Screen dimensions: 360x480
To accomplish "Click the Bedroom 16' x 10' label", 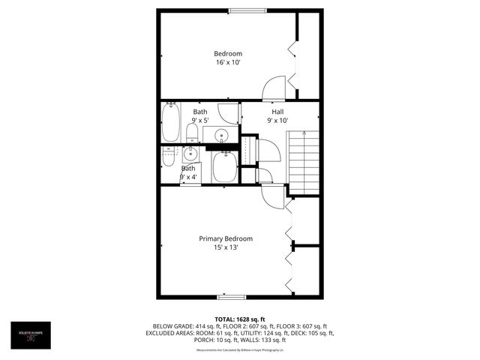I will [x=228, y=58].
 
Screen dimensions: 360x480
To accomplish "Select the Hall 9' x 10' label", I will [x=277, y=115].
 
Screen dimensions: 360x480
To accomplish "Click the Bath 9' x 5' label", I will [x=200, y=115].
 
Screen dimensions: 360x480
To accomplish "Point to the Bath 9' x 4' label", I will [x=187, y=173].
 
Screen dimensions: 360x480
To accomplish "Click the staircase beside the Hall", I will [x=303, y=162].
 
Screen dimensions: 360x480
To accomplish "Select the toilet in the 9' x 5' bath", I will [x=191, y=133].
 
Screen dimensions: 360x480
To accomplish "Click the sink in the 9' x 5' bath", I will [x=221, y=136].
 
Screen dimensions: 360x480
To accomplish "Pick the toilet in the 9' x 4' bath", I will [x=169, y=157].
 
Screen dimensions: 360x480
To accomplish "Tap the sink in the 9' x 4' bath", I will [x=190, y=154].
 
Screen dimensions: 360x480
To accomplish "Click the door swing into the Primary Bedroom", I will [x=272, y=196].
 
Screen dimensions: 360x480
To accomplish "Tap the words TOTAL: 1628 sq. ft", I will [x=239, y=319].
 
